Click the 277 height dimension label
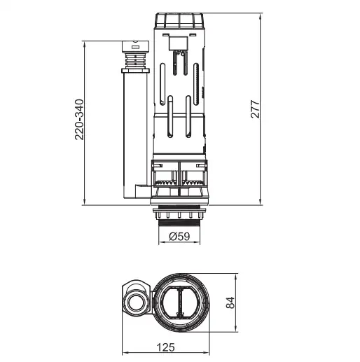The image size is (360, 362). (x=255, y=109)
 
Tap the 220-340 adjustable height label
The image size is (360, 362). (x=79, y=120)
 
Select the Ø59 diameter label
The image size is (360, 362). (x=179, y=237)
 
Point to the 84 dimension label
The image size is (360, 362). (x=230, y=302)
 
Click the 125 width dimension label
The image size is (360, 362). (x=165, y=347)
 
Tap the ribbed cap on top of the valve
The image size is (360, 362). (x=179, y=20)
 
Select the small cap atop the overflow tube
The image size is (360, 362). (x=135, y=46)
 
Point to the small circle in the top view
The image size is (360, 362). (x=134, y=303)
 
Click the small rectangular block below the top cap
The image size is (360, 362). (x=179, y=43)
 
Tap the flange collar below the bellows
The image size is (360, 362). (x=135, y=71)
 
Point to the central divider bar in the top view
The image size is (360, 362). (x=180, y=302)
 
